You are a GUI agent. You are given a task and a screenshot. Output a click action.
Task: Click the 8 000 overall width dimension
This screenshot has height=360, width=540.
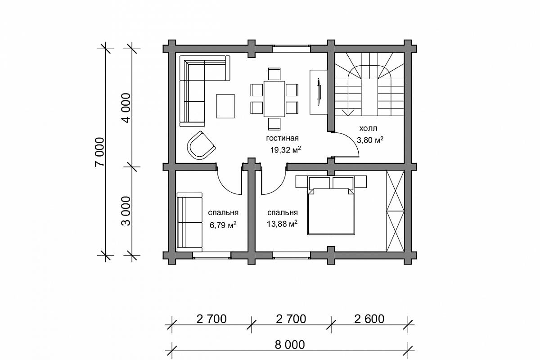[x=289, y=345]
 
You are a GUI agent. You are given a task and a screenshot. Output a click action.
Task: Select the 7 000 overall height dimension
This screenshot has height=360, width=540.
[x=99, y=152]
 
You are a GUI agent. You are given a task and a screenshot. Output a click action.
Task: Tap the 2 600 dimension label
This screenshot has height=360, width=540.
[x=369, y=319]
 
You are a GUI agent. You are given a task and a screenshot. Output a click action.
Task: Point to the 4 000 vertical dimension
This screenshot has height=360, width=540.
[x=126, y=108]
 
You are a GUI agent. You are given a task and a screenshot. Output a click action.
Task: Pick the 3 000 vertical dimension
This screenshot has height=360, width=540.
[x=126, y=211]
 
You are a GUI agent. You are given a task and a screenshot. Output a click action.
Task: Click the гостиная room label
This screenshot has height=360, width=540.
[x=282, y=138]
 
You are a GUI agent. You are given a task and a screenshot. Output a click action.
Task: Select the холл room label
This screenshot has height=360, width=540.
[x=369, y=128]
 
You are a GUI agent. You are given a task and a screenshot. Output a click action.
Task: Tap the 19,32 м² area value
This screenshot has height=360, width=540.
[x=285, y=150]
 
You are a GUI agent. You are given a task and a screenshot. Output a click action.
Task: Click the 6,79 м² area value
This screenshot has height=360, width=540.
[x=223, y=225]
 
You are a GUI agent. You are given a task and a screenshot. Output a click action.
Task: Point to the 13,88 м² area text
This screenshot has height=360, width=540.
[x=282, y=224]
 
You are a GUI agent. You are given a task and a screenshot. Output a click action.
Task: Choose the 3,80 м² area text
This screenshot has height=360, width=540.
[x=370, y=139]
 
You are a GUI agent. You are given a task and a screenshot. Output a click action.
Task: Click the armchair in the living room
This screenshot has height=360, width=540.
[x=201, y=145]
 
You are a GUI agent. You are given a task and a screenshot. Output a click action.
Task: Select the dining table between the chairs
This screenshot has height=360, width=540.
[x=274, y=99]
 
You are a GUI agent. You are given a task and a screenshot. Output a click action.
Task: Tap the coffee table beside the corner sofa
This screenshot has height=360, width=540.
[x=225, y=106]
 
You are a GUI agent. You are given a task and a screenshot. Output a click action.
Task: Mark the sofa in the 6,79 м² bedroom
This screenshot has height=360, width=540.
[x=189, y=222]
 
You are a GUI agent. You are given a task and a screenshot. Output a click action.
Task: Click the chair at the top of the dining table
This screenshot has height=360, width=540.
[x=274, y=74]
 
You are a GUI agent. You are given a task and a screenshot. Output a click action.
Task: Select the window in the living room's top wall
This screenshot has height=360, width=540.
[x=291, y=49]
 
